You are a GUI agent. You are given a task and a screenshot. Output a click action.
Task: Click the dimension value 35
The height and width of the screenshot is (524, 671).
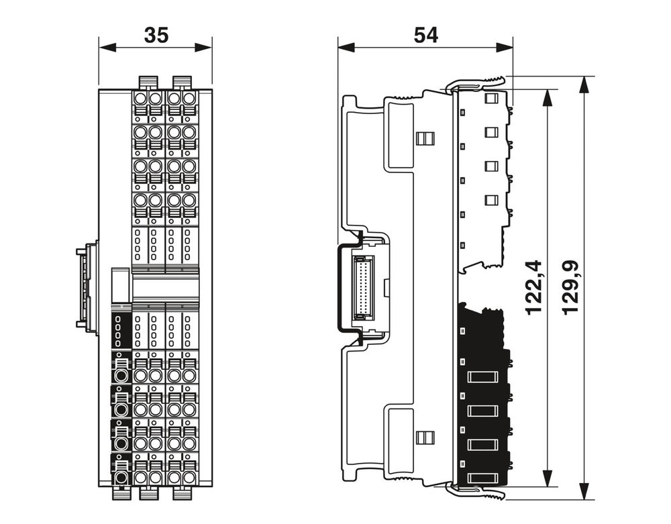[156, 36]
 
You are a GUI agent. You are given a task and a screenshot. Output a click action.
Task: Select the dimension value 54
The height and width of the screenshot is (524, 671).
[425, 36]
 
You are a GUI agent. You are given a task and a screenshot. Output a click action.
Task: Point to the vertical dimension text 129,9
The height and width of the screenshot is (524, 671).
[572, 288]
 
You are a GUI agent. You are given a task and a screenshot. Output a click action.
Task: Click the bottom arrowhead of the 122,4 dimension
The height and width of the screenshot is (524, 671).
[548, 478]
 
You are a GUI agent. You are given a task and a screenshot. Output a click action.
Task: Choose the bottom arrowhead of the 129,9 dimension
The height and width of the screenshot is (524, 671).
[586, 491]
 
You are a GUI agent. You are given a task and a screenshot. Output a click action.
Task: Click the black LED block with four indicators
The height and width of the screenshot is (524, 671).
[119, 330]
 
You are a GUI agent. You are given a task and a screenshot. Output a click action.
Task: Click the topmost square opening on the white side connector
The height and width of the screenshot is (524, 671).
[491, 99]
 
